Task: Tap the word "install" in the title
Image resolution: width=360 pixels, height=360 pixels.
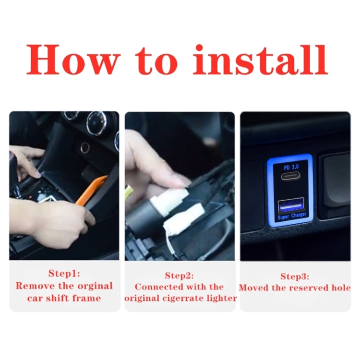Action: click(x=260, y=60)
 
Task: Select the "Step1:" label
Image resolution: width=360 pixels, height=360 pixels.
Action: click(x=64, y=274)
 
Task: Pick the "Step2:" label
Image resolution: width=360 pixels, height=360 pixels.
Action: click(x=180, y=276)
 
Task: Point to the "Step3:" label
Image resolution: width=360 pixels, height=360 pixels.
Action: click(x=295, y=276)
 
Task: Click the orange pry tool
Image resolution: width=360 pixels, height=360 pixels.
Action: click(x=91, y=190)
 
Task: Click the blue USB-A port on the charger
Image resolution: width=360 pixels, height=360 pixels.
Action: click(x=291, y=205)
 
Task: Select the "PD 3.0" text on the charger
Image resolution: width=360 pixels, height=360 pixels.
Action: click(x=291, y=167)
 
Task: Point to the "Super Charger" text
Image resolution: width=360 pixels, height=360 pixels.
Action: click(x=292, y=216)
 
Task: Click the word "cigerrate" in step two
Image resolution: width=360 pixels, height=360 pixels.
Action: click(x=185, y=299)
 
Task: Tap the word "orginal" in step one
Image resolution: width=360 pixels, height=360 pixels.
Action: click(x=95, y=286)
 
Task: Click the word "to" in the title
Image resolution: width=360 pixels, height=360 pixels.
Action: click(x=156, y=61)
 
